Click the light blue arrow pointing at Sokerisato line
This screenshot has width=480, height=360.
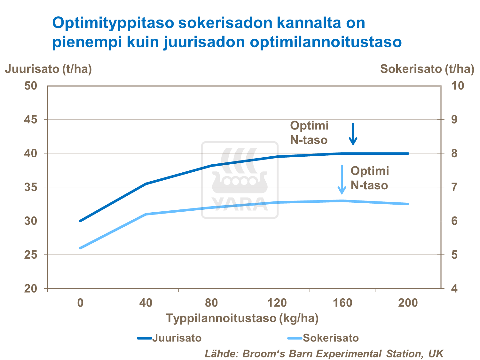pos(342,179)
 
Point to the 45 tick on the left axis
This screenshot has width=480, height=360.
pos(31,120)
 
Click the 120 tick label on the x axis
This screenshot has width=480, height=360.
pos(277,302)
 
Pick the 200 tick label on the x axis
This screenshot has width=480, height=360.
pos(408,302)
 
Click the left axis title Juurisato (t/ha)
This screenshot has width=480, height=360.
pos(48,69)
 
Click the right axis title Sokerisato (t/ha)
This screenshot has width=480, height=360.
pos(427,69)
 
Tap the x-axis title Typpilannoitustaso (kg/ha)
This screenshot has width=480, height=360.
pos(242,318)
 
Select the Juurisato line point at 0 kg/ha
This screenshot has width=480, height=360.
pos(80,221)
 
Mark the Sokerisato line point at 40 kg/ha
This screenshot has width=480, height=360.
pos(146,214)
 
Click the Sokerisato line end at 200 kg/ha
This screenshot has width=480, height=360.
pos(408,204)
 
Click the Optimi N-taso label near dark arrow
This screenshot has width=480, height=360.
pos(309,133)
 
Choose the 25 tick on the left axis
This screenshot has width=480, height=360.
pos(31,255)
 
